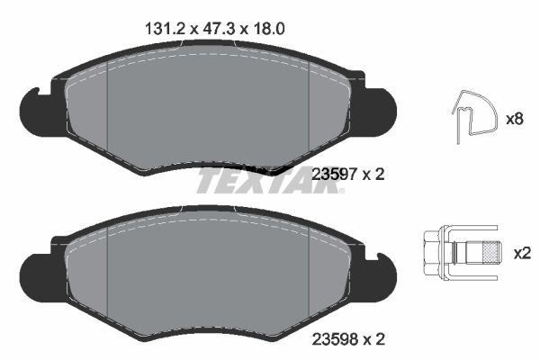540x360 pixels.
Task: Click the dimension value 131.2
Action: pyautogui.click(x=165, y=28)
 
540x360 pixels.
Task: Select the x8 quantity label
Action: pyautogui.click(x=516, y=118)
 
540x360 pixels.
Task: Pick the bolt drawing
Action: pyautogui.click(x=459, y=252)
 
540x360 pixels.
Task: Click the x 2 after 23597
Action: pyautogui.click(x=372, y=175)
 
